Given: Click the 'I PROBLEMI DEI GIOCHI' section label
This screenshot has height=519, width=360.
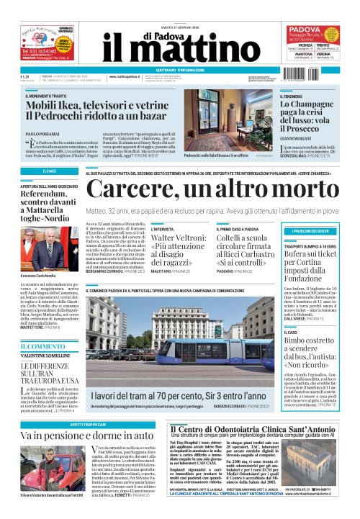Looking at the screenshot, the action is tap(315, 230).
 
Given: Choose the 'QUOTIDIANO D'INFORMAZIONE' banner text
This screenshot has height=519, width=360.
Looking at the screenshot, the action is tap(179, 70).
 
